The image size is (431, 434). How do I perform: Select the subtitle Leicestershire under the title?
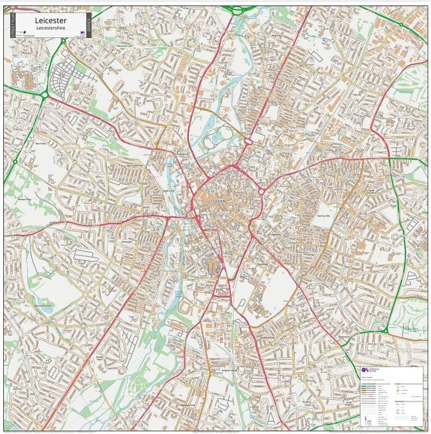pyautogui.click(x=50, y=28)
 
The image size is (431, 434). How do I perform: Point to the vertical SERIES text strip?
pyautogui.click(x=89, y=25)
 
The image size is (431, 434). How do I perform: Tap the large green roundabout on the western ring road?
pyautogui.click(x=44, y=94)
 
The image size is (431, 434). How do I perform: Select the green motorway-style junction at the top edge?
pyautogui.click(x=239, y=9)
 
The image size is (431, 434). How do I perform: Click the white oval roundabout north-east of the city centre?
pyautogui.click(x=248, y=142)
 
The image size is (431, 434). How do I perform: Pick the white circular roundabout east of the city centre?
pyautogui.click(x=262, y=191)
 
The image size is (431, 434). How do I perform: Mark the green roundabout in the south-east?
pyautogui.click(x=385, y=330)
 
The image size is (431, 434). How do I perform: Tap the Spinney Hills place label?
pyautogui.click(x=323, y=215)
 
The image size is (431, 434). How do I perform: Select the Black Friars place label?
pyautogui.click(x=169, y=191)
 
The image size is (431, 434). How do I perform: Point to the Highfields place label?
pyautogui.click(x=276, y=235)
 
